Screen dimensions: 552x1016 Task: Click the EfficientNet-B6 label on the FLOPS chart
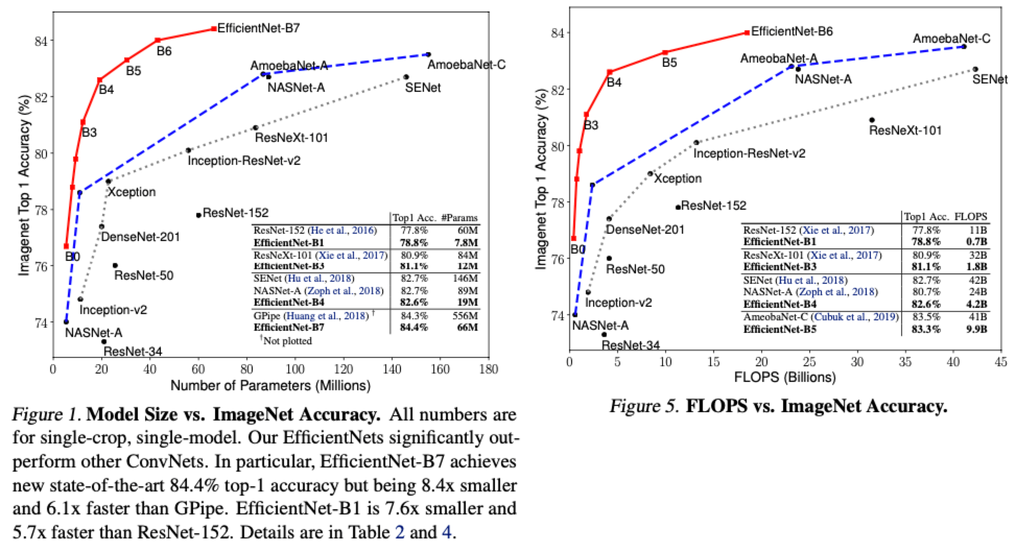[791, 31]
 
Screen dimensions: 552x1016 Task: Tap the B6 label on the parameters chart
[164, 51]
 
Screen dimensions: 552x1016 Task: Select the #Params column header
[459, 218]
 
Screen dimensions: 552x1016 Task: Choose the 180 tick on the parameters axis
[488, 369]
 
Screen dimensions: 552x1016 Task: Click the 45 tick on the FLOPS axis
[1000, 362]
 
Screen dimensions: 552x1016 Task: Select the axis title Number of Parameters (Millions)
[270, 386]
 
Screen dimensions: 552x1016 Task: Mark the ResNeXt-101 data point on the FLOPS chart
[872, 120]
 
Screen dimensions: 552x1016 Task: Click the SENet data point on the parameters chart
[406, 77]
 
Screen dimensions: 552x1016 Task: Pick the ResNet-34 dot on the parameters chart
[104, 342]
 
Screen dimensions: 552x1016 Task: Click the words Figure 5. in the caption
[644, 406]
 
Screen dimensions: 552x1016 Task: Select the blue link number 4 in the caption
[446, 532]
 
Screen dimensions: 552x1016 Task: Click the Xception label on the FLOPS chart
[678, 178]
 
